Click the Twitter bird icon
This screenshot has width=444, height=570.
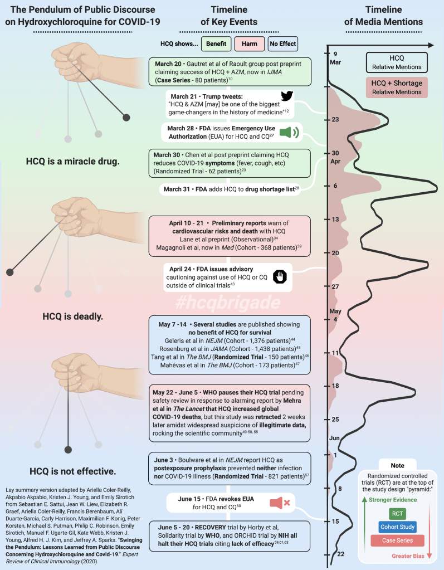click(x=286, y=95)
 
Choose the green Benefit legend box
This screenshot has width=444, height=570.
click(x=214, y=43)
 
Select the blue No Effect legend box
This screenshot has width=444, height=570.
click(x=282, y=43)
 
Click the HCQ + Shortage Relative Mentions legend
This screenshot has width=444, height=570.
click(x=397, y=87)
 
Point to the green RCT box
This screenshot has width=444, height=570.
click(x=398, y=513)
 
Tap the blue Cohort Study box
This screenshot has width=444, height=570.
click(x=398, y=527)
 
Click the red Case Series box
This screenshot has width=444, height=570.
click(x=398, y=540)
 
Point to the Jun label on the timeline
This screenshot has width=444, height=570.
click(x=335, y=438)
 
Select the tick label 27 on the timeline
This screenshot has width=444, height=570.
click(x=335, y=286)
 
